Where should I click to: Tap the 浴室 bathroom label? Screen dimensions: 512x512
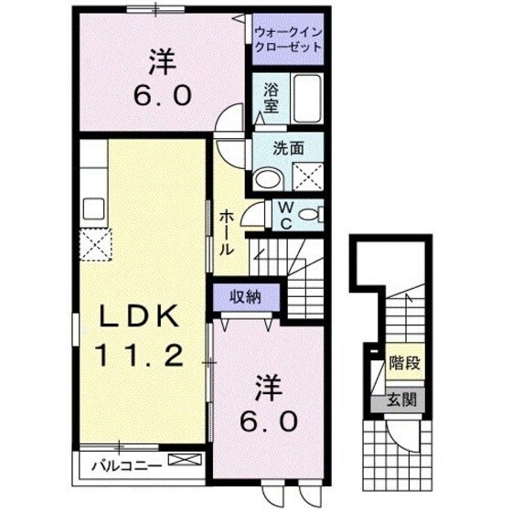click(x=272, y=98)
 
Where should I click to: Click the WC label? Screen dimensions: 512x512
click(x=286, y=215)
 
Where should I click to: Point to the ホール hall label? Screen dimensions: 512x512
click(x=226, y=232)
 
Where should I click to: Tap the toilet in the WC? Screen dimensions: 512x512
click(x=311, y=214)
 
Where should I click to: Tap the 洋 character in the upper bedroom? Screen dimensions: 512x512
click(x=164, y=63)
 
